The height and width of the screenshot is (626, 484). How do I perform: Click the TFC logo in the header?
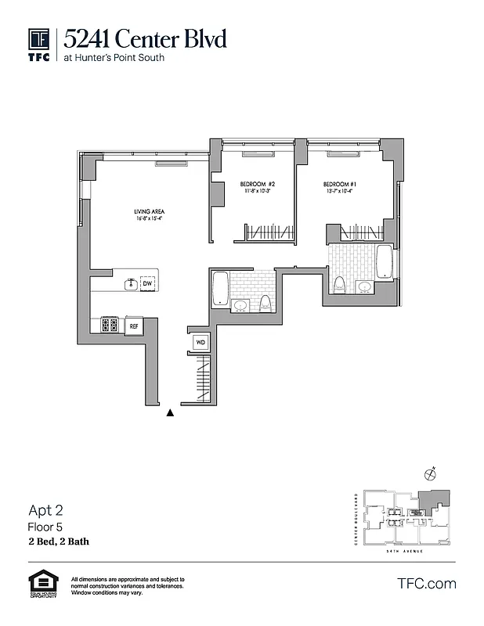[39, 45]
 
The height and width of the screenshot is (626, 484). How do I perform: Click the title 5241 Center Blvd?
[146, 38]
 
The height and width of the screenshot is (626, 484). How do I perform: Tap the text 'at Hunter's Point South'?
[114, 57]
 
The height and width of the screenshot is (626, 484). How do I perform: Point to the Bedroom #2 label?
[257, 186]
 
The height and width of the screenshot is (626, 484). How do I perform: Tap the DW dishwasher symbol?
[146, 283]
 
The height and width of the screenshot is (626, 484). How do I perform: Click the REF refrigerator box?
[134, 325]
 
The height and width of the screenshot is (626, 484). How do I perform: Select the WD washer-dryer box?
[200, 343]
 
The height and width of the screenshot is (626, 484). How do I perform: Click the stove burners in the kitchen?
[109, 324]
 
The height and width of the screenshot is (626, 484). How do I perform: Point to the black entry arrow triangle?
[169, 413]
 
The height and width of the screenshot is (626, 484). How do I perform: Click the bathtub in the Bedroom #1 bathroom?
[384, 261]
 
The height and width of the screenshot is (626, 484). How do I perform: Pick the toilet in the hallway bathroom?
[265, 304]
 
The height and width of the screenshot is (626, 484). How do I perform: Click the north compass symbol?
[428, 473]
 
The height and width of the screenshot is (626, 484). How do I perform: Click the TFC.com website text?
[427, 583]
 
